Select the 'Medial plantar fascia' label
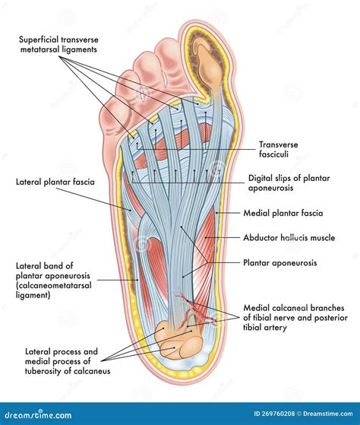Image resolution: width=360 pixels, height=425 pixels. [x=283, y=213]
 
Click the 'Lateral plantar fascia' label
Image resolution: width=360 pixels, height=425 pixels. [x=50, y=182]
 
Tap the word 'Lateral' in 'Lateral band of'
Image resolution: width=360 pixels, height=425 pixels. [x=30, y=265]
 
